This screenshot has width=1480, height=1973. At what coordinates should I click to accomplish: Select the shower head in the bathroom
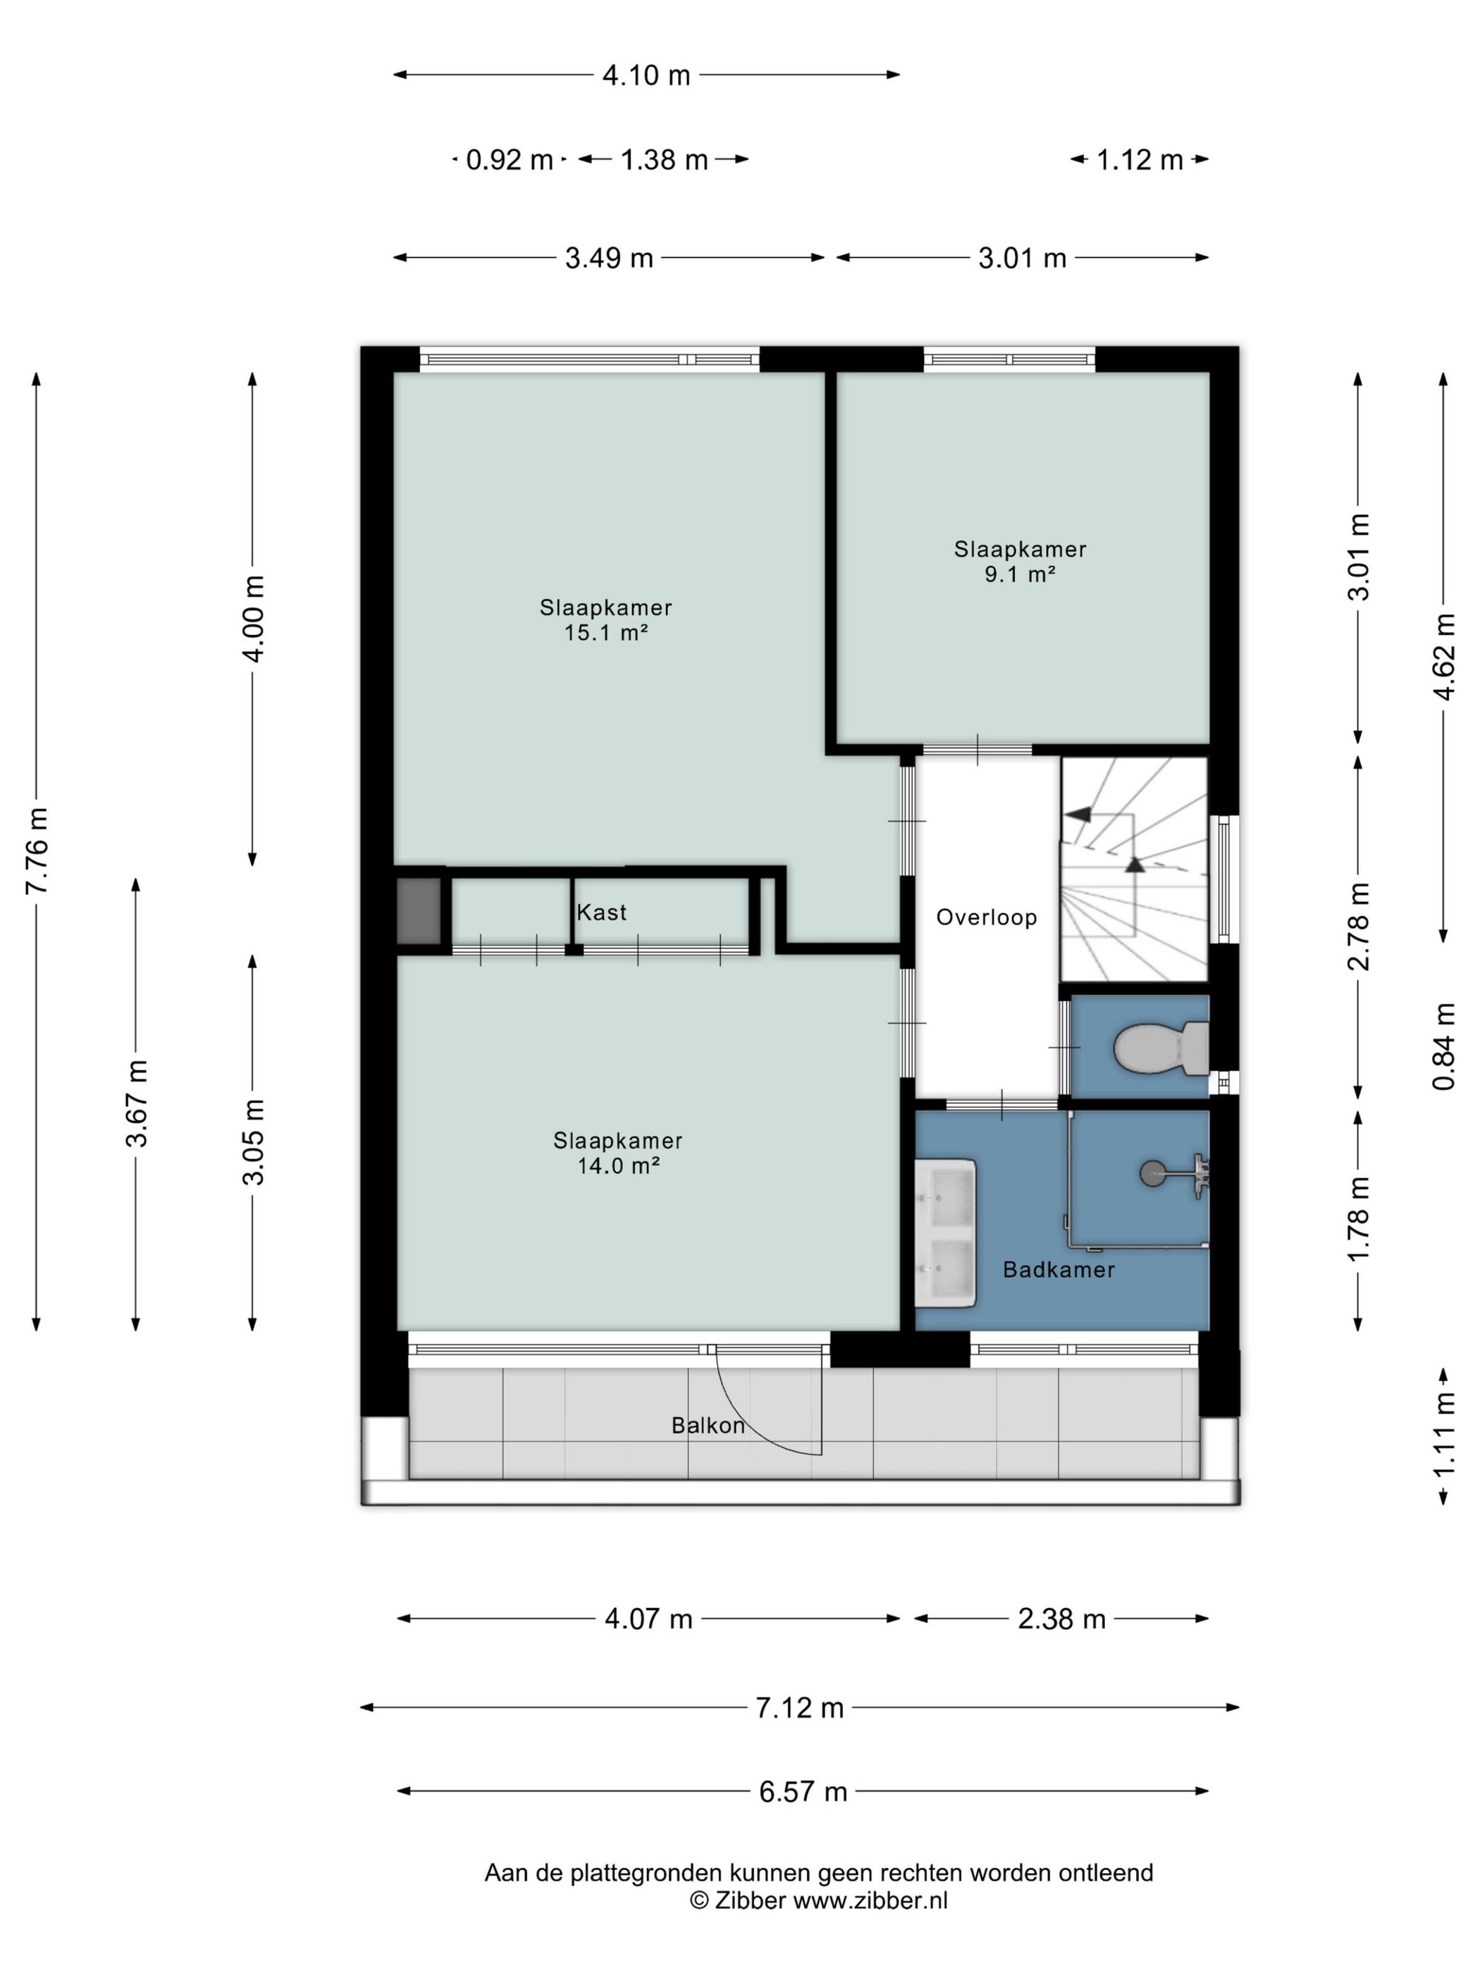coord(1175,1172)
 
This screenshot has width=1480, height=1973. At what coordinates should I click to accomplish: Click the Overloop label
coord(986,917)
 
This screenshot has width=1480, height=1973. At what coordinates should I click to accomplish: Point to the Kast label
coord(601,912)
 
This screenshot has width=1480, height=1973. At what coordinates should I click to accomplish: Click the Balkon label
coord(708,1425)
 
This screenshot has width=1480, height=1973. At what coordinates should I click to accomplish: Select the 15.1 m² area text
coord(605,632)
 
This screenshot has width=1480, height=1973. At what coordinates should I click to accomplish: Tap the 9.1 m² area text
coord(1020,574)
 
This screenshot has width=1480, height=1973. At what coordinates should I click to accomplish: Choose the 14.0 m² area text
coord(617,1165)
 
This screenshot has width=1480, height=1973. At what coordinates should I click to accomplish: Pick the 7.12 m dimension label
coord(799,1707)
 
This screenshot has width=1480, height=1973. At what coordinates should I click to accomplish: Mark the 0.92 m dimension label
coord(510,160)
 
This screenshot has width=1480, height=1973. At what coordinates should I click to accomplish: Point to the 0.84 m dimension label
coord(1443,1046)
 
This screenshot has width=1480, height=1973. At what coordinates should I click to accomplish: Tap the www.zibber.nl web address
coord(870,1900)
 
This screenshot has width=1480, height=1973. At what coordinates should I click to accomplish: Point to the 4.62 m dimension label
coord(1443,655)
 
